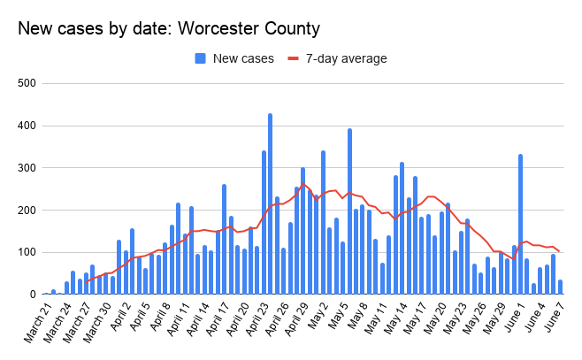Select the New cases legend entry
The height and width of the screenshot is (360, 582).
click(x=236, y=59)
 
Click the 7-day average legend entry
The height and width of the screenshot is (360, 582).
click(x=337, y=59)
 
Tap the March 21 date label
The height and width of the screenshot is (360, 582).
click(x=34, y=326)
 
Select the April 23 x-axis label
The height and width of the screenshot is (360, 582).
click(x=260, y=325)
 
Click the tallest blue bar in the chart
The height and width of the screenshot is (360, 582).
click(x=271, y=204)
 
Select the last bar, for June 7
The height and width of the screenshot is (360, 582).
click(x=561, y=287)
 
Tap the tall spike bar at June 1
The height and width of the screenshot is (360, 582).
click(x=520, y=225)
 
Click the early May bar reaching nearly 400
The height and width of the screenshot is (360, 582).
click(x=349, y=212)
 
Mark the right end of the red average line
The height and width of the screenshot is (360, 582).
click(x=559, y=252)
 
